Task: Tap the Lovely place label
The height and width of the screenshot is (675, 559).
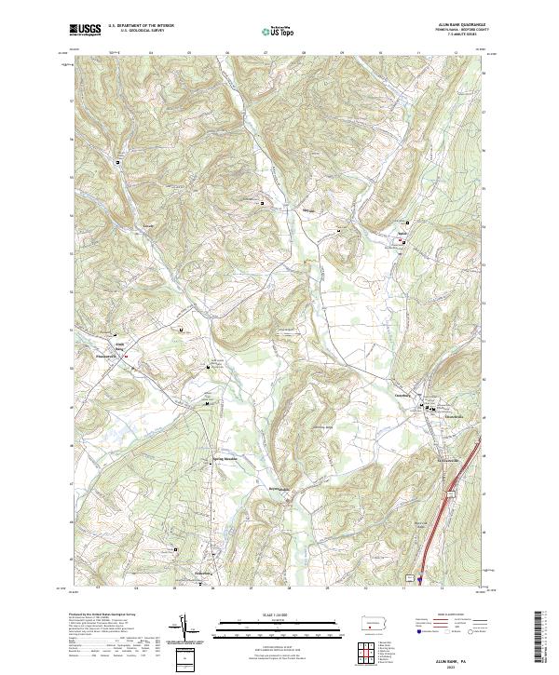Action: (x=146, y=224)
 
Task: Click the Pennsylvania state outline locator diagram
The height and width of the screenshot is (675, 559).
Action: (x=374, y=623)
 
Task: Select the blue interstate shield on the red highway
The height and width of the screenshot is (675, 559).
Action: (x=421, y=577)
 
